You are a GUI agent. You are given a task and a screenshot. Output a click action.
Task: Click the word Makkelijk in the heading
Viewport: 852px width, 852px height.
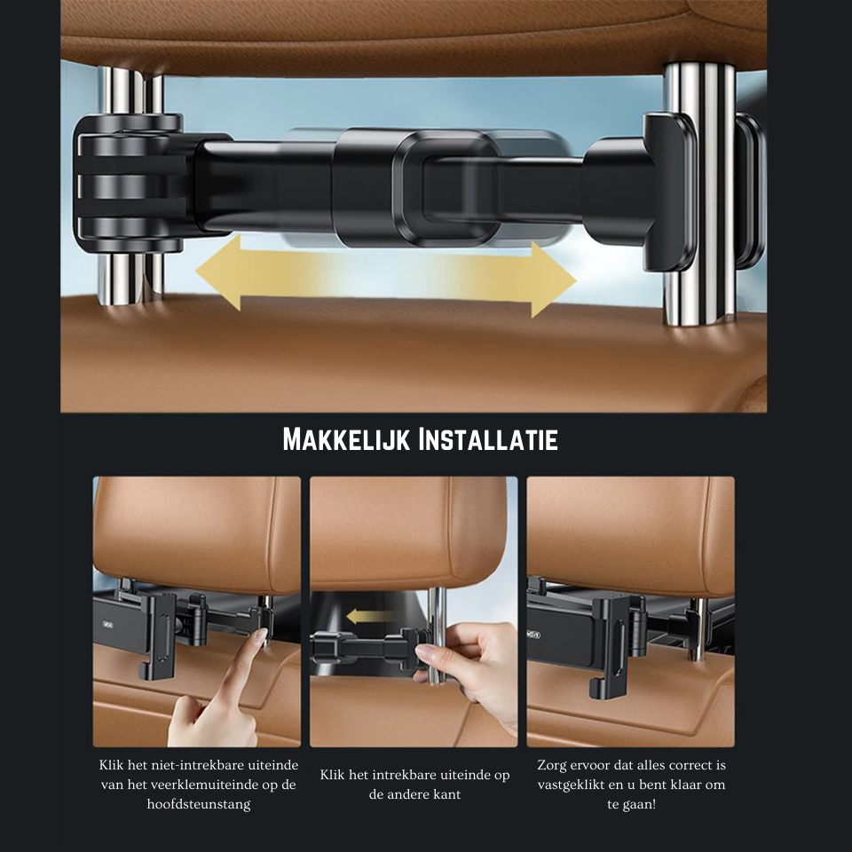point(346,439)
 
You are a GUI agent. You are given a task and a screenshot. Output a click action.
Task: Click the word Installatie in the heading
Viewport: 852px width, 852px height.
point(488,439)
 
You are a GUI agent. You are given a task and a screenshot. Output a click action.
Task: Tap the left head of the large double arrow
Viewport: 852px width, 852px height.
point(218,273)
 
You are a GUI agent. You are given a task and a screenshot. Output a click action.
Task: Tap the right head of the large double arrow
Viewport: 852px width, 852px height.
point(553,280)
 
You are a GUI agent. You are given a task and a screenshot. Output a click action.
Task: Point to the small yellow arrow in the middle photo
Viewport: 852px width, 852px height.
point(368,616)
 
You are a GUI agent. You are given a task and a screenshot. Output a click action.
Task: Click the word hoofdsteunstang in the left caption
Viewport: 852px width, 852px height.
point(198,804)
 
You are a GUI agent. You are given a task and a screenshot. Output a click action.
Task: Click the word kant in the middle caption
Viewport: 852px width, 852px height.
point(446,794)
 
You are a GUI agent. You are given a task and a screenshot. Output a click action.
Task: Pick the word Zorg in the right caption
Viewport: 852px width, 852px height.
point(551,766)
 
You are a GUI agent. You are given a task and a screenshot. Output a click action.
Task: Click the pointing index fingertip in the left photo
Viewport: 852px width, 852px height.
point(261,635)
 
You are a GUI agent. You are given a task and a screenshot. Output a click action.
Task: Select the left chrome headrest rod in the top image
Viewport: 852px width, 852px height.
point(130,185)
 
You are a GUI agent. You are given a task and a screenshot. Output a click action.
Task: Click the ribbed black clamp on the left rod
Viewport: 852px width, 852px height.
point(130,183)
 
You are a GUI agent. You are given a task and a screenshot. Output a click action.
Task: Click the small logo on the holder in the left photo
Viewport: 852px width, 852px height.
point(107,624)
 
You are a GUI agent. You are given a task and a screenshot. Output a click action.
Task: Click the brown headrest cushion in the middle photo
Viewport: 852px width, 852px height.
point(407,532)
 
